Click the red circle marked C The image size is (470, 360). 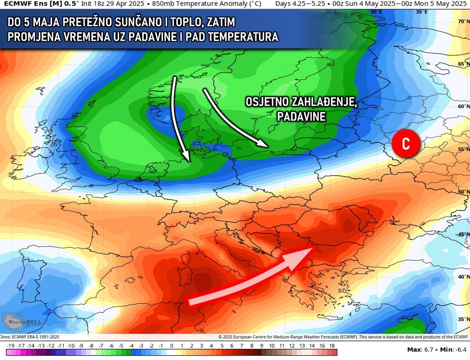[x=405, y=144]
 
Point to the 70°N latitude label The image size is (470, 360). [x=463, y=21]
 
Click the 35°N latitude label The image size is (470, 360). [x=463, y=319]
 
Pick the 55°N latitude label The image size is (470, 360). [x=463, y=149]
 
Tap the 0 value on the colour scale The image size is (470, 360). [x=171, y=346]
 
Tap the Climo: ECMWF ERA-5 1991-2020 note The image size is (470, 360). [x=30, y=336]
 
